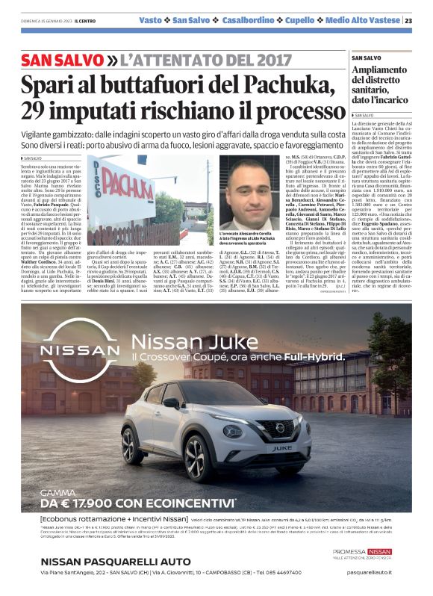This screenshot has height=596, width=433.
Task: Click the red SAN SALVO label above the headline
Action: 61,59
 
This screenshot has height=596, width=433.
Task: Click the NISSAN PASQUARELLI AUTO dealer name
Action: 116,562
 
